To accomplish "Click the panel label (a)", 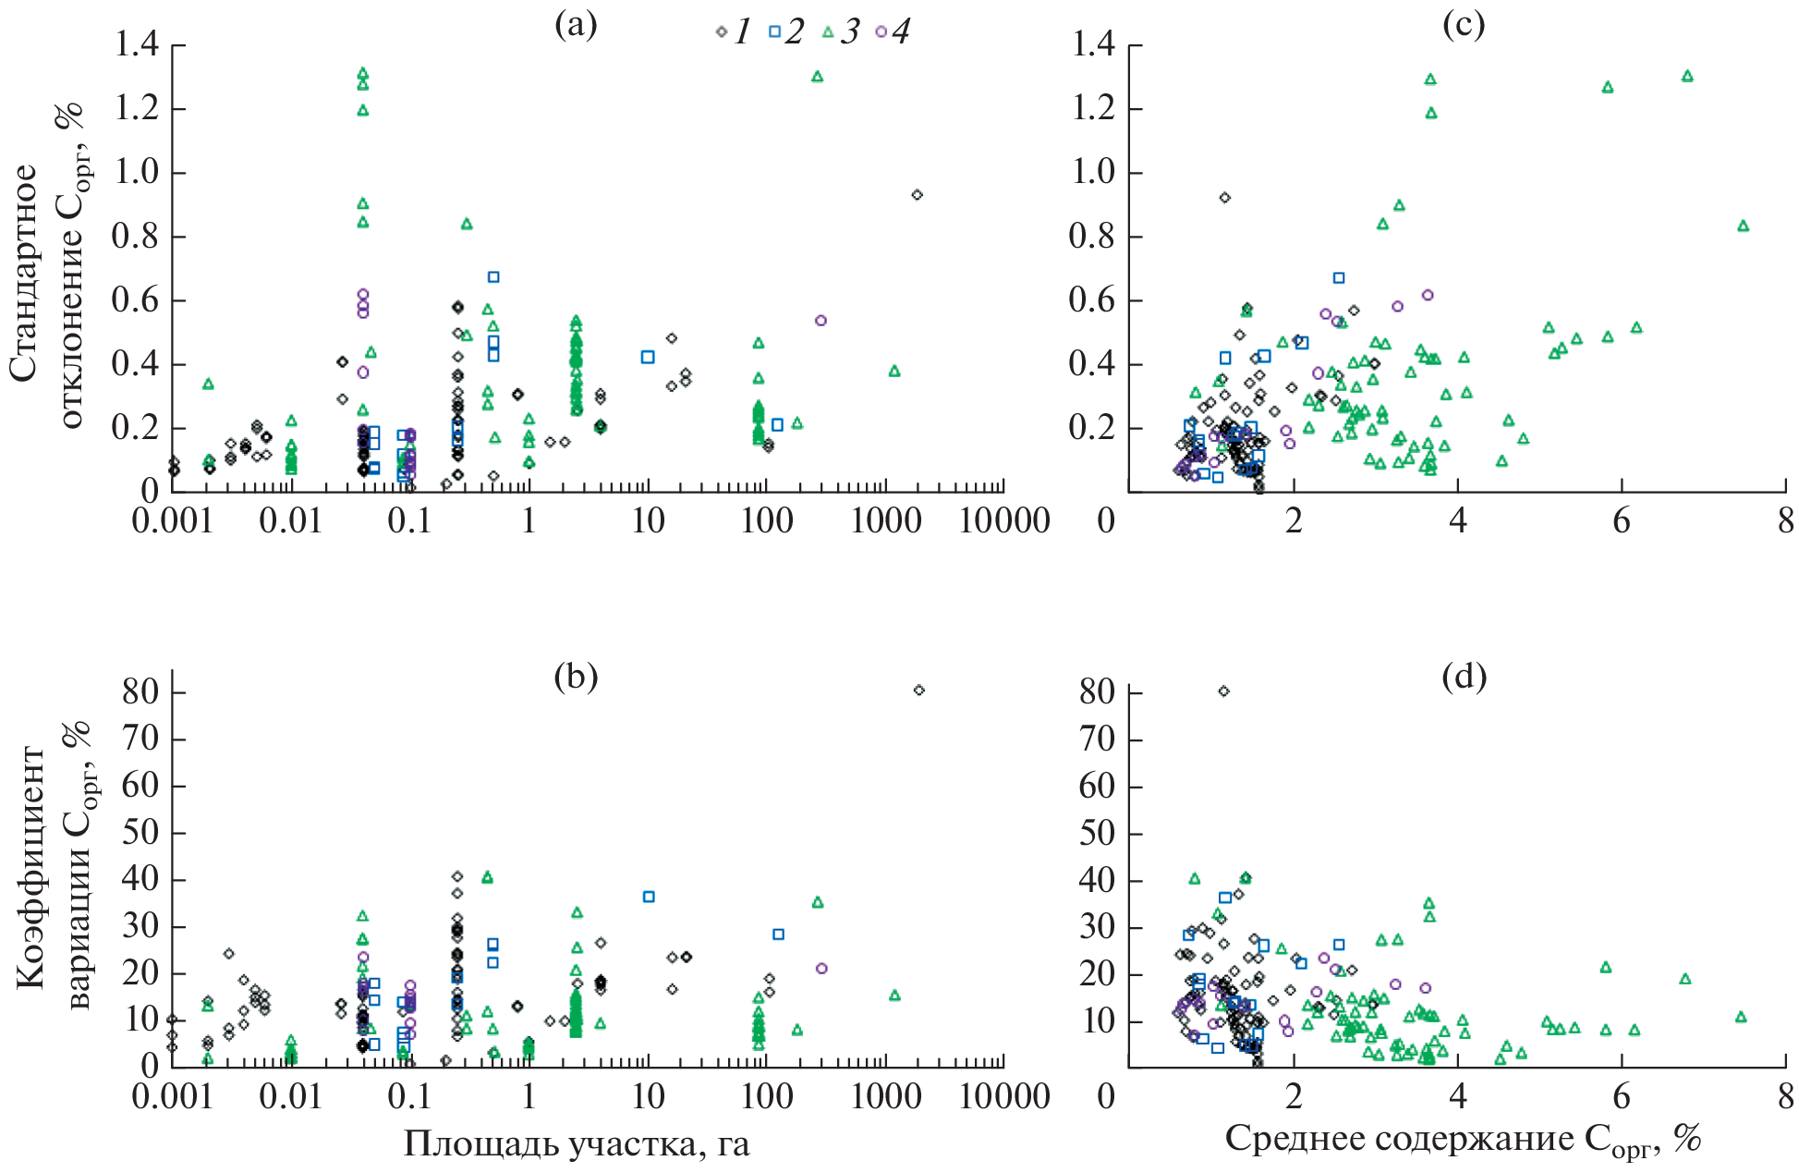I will [x=575, y=25].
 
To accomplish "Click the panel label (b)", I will [x=575, y=678].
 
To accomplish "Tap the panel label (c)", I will [x=1464, y=25].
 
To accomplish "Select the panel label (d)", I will [x=1464, y=678].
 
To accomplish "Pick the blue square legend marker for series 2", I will [x=774, y=32].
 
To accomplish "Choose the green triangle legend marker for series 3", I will [x=828, y=32].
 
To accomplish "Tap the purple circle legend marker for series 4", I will [x=881, y=32].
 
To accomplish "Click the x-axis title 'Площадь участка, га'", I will [x=577, y=1144].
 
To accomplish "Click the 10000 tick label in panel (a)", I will [x=1004, y=520].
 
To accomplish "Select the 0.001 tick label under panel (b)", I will [x=172, y=1096].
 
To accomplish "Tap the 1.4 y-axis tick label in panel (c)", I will [x=1093, y=45].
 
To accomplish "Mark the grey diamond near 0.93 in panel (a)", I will [x=917, y=195].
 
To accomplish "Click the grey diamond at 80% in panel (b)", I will [x=918, y=690].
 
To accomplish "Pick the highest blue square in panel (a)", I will [x=493, y=277].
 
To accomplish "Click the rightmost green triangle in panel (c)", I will [x=1744, y=226].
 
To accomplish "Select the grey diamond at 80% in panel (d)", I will [x=1224, y=691].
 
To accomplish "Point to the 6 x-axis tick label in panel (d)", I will [x=1622, y=1096].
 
